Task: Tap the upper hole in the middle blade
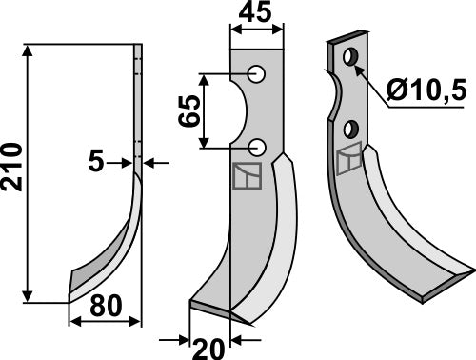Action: click(257, 74)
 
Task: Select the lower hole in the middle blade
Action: click(257, 146)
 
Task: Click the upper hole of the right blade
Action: click(351, 58)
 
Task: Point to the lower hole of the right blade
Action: click(352, 126)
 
